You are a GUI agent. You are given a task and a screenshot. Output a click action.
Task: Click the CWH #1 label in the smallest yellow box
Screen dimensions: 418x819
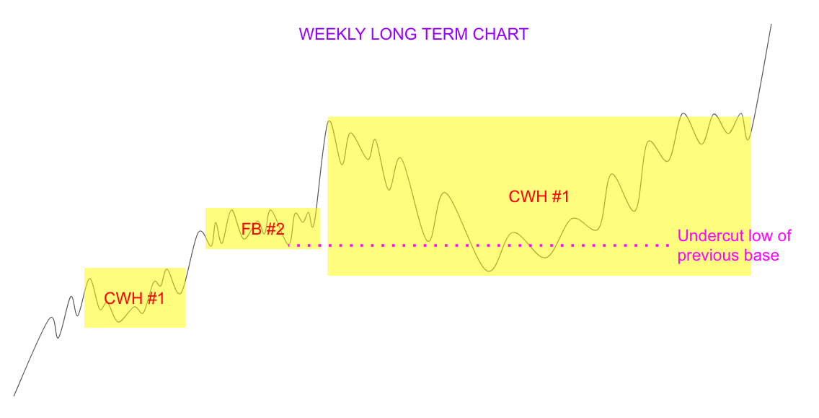tap(135, 298)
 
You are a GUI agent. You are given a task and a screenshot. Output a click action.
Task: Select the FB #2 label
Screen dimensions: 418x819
tap(263, 230)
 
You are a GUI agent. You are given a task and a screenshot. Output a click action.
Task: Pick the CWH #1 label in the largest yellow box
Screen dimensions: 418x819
tap(539, 197)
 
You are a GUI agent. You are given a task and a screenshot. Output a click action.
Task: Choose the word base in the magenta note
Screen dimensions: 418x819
tap(762, 256)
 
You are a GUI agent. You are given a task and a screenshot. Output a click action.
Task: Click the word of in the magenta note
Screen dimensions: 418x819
tap(785, 236)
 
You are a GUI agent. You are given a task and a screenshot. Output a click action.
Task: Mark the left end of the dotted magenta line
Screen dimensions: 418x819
tap(290, 245)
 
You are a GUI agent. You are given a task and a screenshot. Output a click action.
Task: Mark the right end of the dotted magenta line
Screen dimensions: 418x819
tap(667, 245)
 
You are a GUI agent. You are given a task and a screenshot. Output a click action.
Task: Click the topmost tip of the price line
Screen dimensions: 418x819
tap(771, 25)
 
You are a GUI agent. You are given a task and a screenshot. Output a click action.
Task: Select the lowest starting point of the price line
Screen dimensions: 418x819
tap(14, 395)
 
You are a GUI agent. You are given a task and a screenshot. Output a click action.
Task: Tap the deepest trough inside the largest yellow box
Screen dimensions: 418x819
tap(490, 271)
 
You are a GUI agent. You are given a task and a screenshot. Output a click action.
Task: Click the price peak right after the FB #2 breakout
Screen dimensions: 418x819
tap(329, 120)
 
